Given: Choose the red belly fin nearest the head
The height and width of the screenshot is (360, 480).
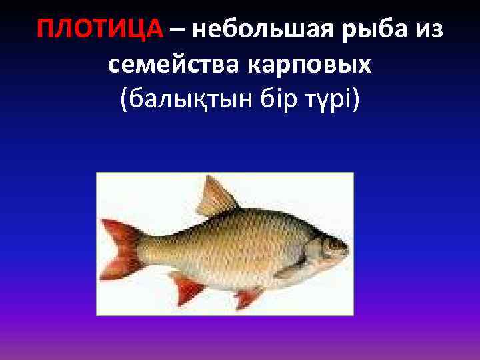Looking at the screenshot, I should point(248,297).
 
